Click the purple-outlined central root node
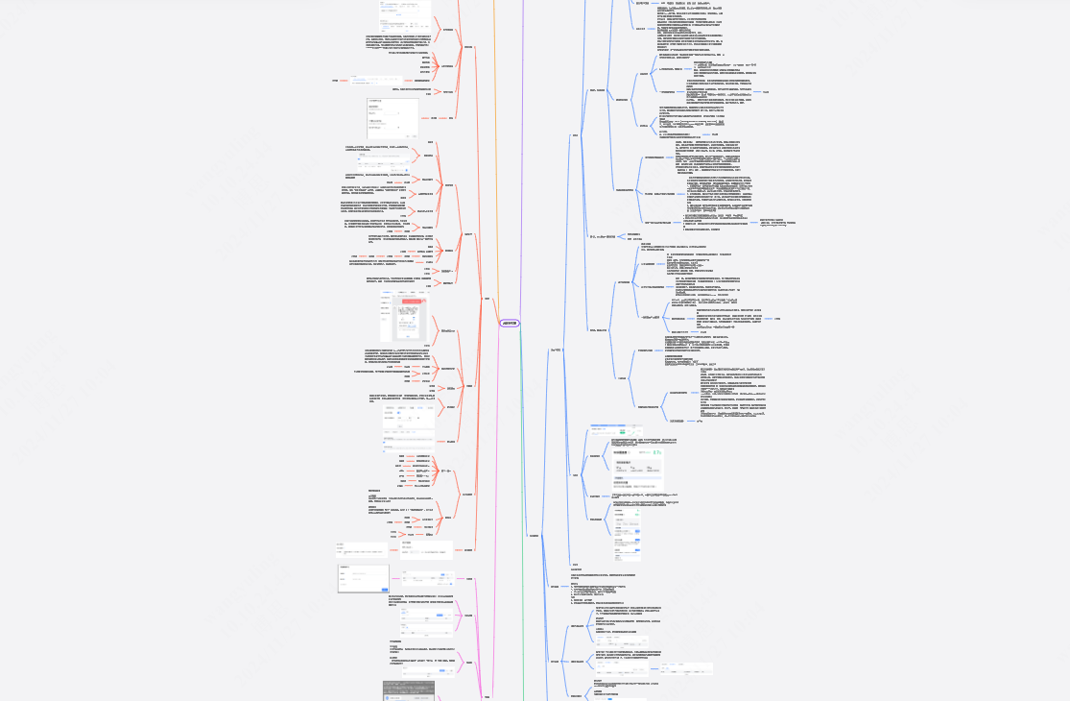[x=510, y=324]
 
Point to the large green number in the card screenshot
[x=656, y=451]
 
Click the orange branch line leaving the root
[x=496, y=144]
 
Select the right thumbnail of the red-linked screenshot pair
[x=426, y=550]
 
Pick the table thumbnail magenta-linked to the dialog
[x=422, y=580]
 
